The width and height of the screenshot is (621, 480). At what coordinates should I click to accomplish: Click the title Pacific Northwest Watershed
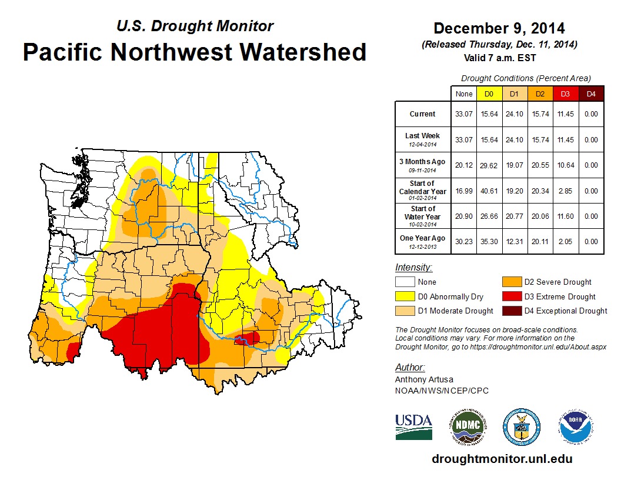coord(195,52)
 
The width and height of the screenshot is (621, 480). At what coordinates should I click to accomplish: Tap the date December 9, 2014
coord(499,28)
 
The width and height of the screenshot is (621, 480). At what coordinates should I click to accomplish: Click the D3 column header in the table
coord(566,94)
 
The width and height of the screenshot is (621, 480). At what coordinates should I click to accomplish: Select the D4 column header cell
coord(591,94)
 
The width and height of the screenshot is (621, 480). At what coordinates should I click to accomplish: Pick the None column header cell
coord(463,94)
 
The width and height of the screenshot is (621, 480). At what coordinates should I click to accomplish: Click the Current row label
coord(423,114)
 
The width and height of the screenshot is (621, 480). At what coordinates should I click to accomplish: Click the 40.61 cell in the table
coord(489,191)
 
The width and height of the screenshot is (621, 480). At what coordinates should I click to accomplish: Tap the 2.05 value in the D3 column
coord(566,241)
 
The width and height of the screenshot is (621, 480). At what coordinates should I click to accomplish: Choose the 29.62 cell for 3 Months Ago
coord(489,165)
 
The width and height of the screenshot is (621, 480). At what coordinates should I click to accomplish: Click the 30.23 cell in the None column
coord(463,241)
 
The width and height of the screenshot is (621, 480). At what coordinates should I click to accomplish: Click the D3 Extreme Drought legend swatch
coord(510,296)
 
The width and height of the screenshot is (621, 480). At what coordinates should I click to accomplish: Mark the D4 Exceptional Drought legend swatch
coord(510,311)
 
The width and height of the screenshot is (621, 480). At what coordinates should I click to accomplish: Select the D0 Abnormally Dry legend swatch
coord(405,296)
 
